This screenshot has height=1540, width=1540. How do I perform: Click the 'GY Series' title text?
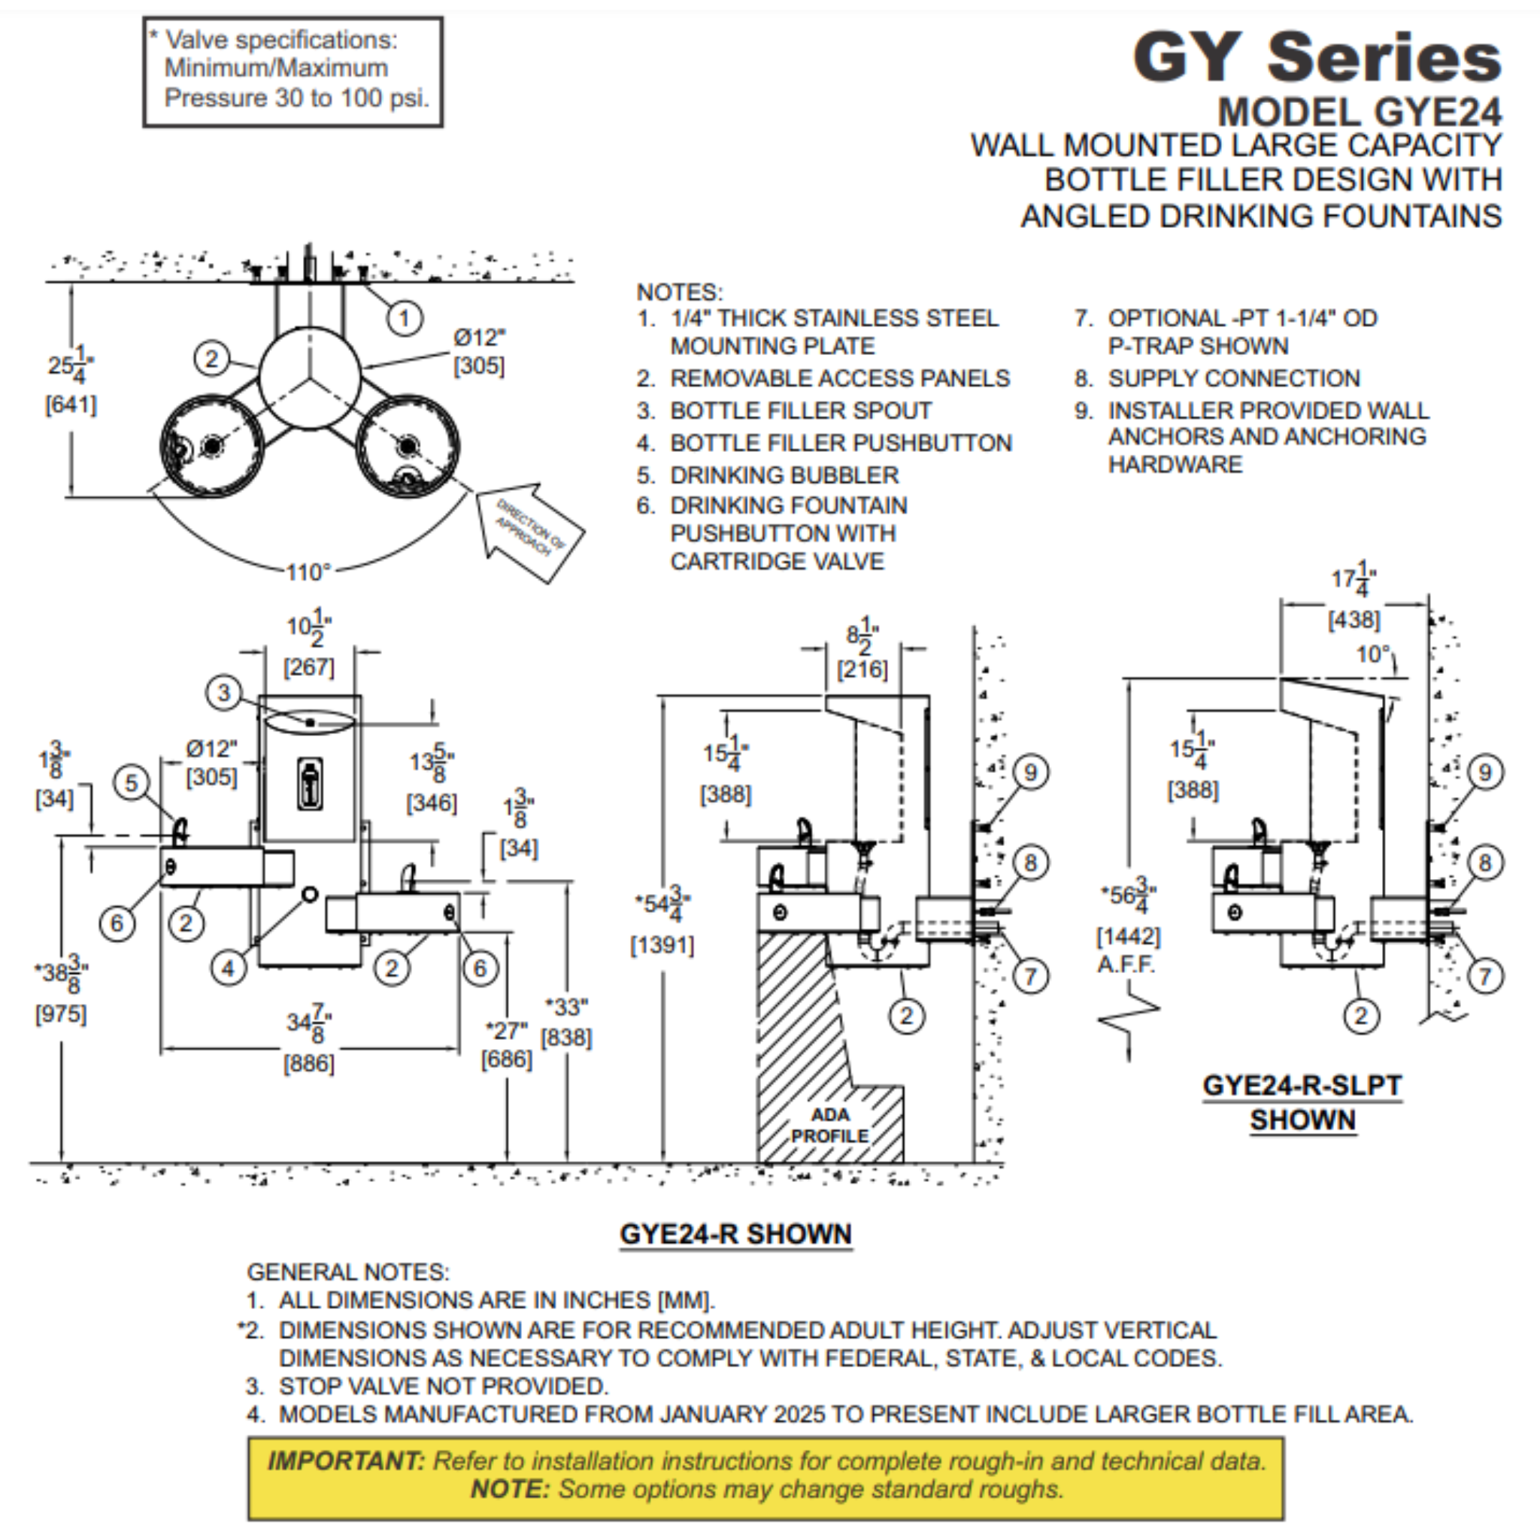pyautogui.click(x=1316, y=57)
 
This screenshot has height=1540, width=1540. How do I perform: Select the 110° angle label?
pyautogui.click(x=308, y=572)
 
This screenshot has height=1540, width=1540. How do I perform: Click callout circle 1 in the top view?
pyautogui.click(x=404, y=318)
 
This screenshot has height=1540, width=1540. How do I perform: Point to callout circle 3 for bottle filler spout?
pyautogui.click(x=224, y=693)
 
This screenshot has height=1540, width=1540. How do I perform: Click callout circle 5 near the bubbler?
pyautogui.click(x=132, y=783)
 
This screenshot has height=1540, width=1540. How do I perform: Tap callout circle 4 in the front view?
pyautogui.click(x=228, y=969)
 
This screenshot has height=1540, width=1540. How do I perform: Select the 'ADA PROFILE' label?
pyautogui.click(x=830, y=1125)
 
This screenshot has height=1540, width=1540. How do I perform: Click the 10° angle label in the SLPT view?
pyautogui.click(x=1372, y=654)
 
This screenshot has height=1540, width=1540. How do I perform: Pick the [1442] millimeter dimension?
pyautogui.click(x=1129, y=935)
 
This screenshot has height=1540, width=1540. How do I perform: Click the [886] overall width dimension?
pyautogui.click(x=308, y=1063)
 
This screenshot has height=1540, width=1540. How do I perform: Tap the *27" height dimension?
pyautogui.click(x=506, y=1032)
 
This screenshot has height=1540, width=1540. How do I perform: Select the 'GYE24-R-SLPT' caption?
pyautogui.click(x=1302, y=1086)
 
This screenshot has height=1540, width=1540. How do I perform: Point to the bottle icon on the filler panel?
pyautogui.click(x=310, y=784)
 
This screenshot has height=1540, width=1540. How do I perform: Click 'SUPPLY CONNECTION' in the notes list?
pyautogui.click(x=1233, y=377)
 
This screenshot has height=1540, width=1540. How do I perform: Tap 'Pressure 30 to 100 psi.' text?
pyautogui.click(x=296, y=98)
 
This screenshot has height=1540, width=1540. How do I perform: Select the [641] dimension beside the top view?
pyautogui.click(x=70, y=405)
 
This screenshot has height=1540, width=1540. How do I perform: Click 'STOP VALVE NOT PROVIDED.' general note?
pyautogui.click(x=443, y=1386)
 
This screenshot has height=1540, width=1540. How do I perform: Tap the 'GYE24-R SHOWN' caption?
pyautogui.click(x=735, y=1234)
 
